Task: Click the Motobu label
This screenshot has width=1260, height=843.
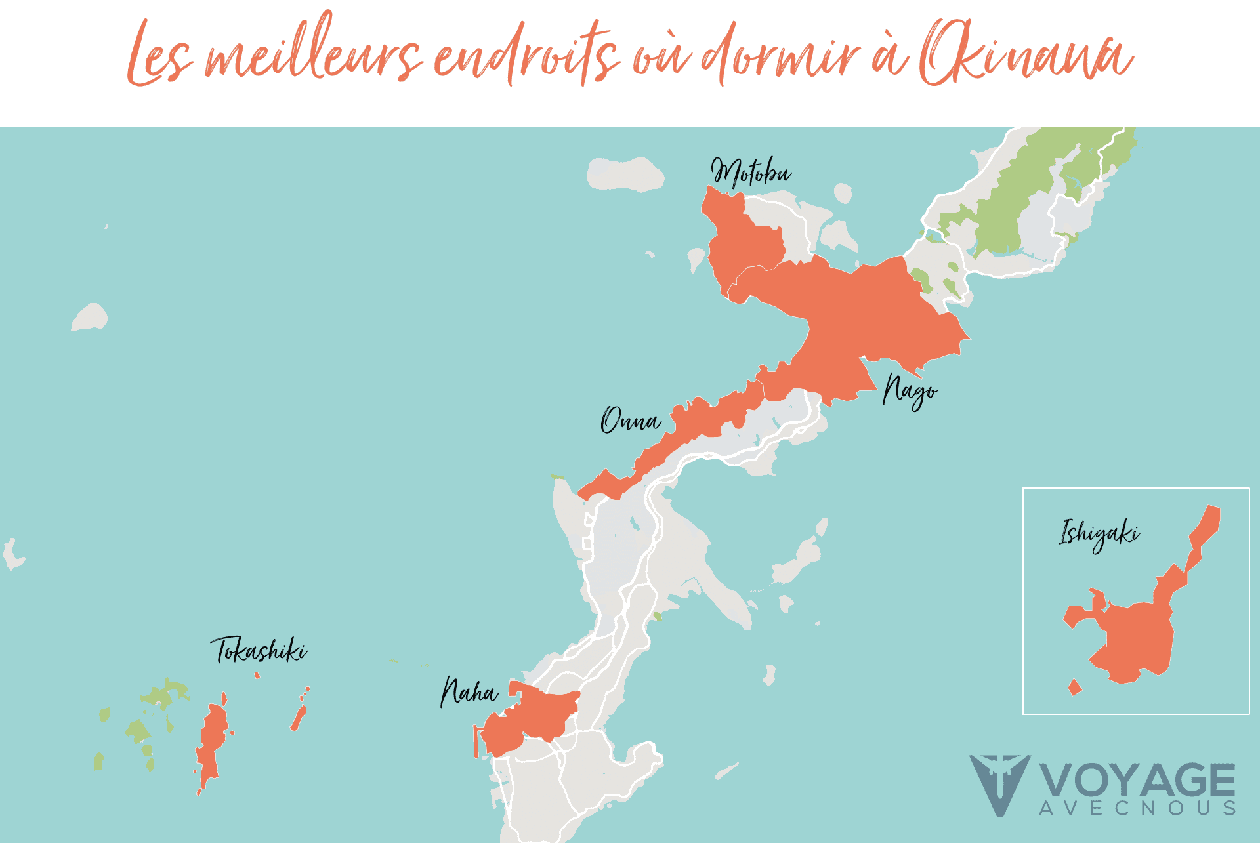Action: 751,172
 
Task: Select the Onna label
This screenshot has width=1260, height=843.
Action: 631,421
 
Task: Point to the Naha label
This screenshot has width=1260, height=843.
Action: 469,692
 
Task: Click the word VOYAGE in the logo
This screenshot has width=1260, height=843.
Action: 1137,781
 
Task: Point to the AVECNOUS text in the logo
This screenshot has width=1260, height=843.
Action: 1137,808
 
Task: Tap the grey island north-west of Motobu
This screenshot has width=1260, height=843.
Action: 625,174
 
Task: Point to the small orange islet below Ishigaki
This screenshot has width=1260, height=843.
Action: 1074,688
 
